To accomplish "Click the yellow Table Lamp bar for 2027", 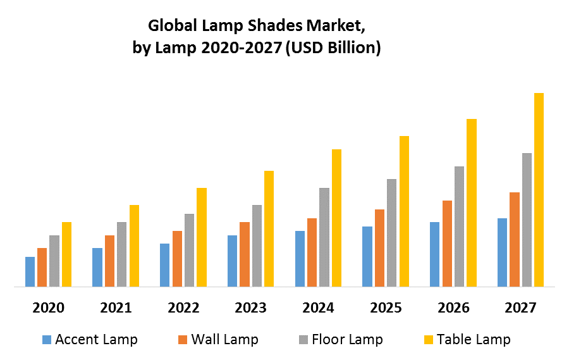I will point(539,190).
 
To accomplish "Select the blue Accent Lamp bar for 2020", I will point(30,272).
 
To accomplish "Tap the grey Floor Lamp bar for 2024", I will point(324,237).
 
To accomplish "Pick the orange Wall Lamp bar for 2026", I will point(447,244).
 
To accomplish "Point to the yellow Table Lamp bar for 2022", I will point(201,237).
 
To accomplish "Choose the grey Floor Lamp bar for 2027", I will point(527,220).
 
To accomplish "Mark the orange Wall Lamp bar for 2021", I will point(110,261).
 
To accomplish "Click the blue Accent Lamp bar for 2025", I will point(367,257).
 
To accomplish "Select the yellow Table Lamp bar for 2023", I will point(269,229).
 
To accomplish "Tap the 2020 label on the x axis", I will point(49,308).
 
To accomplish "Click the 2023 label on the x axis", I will point(251,308).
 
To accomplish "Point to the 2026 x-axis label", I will point(453,308).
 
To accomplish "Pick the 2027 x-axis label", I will point(521,308).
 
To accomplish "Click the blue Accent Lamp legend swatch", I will point(47,340).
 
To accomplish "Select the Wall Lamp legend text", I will point(224,339).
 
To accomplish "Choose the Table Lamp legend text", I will point(474,339).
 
